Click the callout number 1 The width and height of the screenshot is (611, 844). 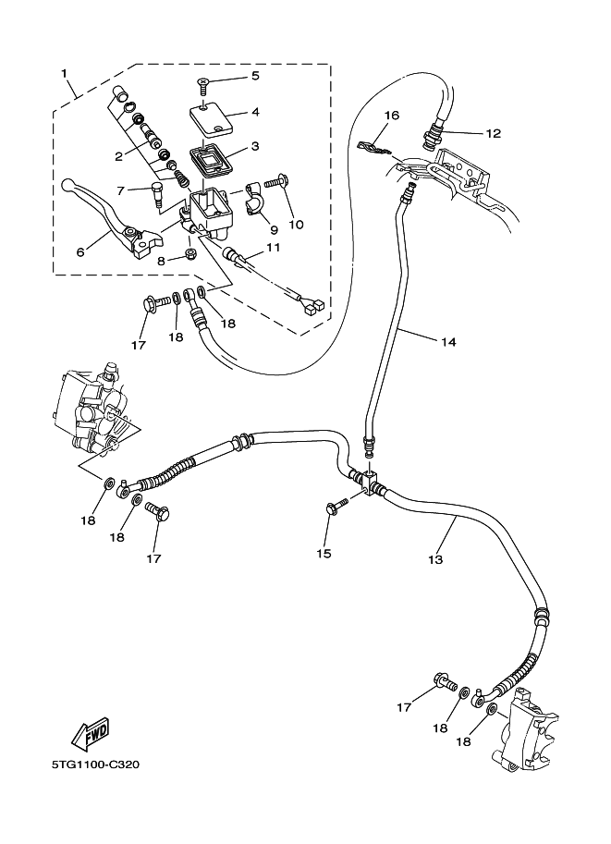click(x=64, y=72)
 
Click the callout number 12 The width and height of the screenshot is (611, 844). click(x=493, y=133)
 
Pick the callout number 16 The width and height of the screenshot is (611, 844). click(x=391, y=116)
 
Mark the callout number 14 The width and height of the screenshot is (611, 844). click(x=447, y=341)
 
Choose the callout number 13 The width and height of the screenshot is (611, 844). click(x=434, y=559)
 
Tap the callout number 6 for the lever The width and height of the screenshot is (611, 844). click(x=79, y=251)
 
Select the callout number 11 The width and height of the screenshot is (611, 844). click(x=273, y=247)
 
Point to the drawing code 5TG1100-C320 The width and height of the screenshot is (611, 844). click(x=91, y=764)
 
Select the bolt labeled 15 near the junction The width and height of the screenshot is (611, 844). click(x=336, y=504)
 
